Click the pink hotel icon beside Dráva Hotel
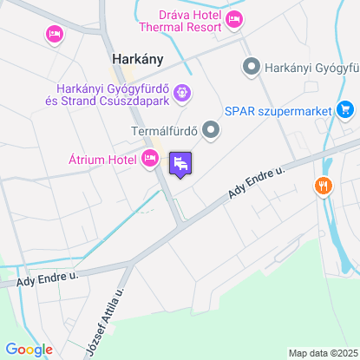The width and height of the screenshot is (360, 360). [233, 19]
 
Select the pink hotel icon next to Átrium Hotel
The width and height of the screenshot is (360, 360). [149, 158]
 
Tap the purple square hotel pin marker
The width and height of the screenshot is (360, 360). [180, 163]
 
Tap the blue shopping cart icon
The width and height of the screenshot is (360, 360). [346, 110]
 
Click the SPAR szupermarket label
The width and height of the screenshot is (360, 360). [278, 110]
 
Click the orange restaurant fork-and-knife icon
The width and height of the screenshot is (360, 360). [324, 185]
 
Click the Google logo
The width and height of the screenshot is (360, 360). [29, 350]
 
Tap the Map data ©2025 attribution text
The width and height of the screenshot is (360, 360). [322, 353]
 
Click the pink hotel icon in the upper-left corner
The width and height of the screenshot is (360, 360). [54, 34]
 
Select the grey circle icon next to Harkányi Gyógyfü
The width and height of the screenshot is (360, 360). [252, 66]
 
